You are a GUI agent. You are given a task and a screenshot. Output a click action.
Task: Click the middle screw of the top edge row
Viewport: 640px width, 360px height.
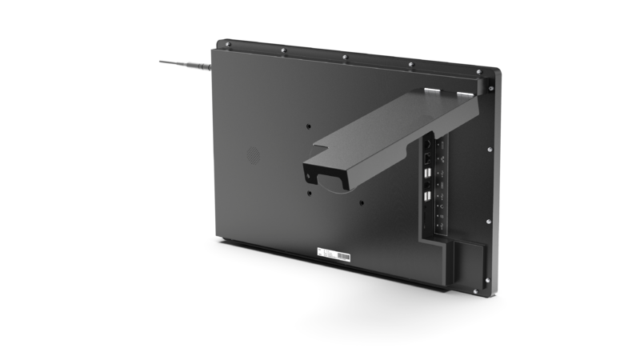(x=344, y=58)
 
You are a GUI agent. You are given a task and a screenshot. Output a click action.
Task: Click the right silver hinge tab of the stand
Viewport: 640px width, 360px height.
(x=465, y=95)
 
